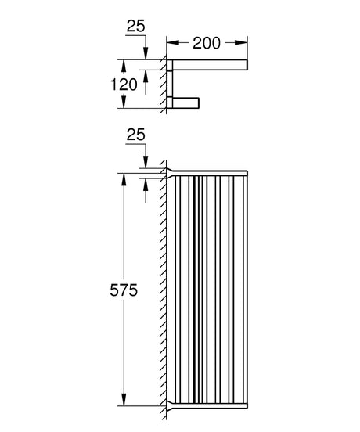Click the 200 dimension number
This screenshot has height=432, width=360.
click(x=207, y=44)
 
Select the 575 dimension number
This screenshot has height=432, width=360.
click(x=124, y=290)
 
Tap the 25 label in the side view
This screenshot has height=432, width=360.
click(x=135, y=28)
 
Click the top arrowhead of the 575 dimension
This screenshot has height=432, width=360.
click(x=123, y=177)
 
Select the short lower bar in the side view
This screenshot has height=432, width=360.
click(x=187, y=101)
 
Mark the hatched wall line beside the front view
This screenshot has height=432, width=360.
click(x=161, y=290)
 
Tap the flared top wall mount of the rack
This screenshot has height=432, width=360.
click(x=168, y=170)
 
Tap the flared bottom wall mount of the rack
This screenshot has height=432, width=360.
click(x=168, y=409)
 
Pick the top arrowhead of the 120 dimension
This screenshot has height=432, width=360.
click(x=123, y=63)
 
